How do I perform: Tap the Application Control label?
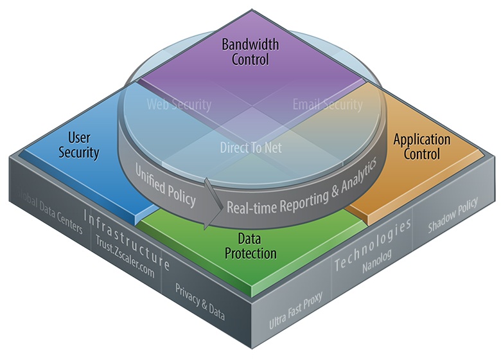(422, 147)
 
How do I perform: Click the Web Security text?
(179, 104)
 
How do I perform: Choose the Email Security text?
(328, 104)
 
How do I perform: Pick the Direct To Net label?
(251, 147)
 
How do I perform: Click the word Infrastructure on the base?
(127, 237)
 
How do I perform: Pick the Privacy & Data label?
(200, 300)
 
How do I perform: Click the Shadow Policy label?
(453, 222)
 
